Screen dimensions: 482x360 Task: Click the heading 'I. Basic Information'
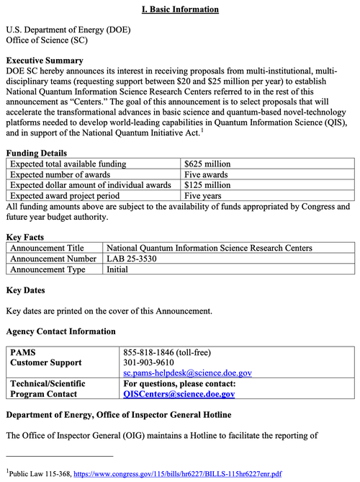[180, 9]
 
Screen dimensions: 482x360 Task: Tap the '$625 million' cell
[207, 164]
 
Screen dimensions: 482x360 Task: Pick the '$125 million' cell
[207, 184]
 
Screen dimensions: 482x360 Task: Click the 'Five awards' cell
[206, 174]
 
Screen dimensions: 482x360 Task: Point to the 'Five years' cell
[202, 195]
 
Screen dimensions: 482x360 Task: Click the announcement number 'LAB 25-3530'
[131, 259]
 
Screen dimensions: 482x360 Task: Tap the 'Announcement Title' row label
[47, 248]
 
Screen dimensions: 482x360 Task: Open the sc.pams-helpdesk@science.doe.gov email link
[188, 372]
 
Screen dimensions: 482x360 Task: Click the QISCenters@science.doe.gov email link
[179, 394]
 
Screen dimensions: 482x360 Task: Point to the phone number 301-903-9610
[149, 362]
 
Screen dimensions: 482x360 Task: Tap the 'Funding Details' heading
[37, 153]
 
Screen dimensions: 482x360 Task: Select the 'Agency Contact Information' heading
[60, 331]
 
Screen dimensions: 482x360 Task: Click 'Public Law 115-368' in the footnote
[39, 475]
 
